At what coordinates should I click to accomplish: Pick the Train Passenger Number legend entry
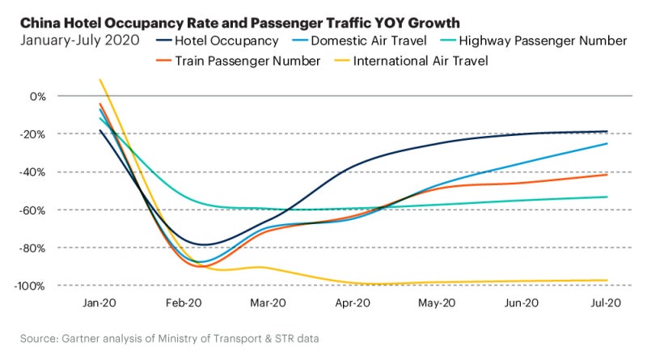(243, 60)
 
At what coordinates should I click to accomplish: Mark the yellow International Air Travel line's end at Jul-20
(607, 281)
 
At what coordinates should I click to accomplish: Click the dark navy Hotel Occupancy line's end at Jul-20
(607, 131)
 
